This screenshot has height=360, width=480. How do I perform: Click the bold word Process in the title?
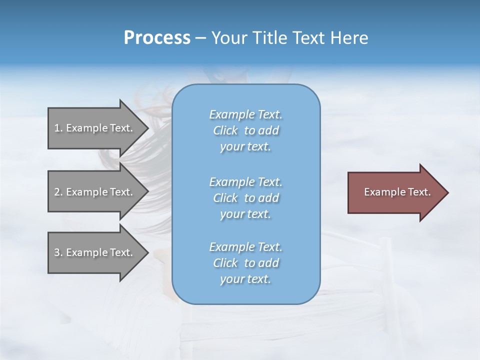157,38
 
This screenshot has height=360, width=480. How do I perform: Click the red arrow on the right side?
395,192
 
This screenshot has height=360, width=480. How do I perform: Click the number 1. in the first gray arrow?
58,128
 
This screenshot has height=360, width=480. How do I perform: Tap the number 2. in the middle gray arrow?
58,192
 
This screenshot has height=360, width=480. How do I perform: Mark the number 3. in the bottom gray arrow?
58,252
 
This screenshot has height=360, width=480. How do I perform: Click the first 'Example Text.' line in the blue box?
245,114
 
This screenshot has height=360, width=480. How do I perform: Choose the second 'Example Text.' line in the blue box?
245,181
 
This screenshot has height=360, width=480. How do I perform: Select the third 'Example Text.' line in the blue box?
245,247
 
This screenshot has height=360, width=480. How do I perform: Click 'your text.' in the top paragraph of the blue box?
245,147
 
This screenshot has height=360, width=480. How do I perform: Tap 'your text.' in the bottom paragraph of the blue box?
245,279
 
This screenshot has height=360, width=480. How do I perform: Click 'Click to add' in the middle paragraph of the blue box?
245,198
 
